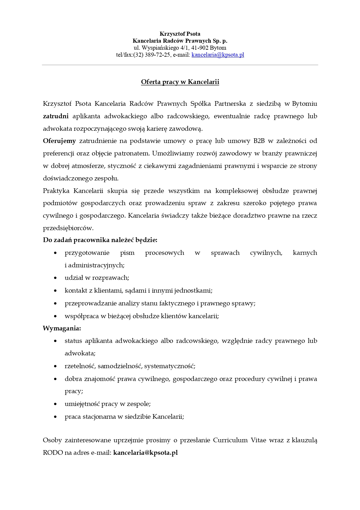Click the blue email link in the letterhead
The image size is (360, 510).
tap(217, 55)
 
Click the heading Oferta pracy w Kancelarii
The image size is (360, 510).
tap(180, 82)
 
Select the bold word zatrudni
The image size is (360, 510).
tap(56, 116)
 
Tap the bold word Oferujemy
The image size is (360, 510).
tap(59, 141)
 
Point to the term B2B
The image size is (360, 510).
tap(259, 141)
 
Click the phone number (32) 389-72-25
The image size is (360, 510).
tap(152, 55)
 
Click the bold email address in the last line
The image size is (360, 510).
tap(145, 452)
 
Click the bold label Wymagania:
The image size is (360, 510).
tap(62, 328)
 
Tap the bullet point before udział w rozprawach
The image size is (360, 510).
tap(55, 278)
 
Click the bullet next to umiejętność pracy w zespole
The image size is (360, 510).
tap(55, 404)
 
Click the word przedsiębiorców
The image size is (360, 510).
tap(68, 228)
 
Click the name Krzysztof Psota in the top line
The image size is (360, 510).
tap(180, 34)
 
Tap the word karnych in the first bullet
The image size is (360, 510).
tap(305, 253)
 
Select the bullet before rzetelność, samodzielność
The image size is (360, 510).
tap(55, 366)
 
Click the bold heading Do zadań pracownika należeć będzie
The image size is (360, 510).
tap(100, 240)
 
